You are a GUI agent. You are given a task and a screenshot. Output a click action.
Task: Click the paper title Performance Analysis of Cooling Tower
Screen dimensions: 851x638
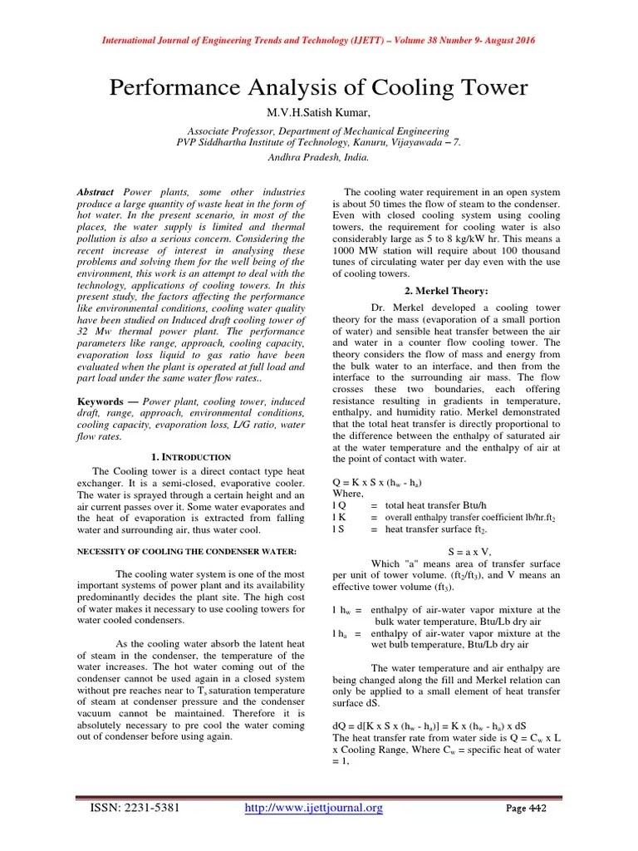(319, 88)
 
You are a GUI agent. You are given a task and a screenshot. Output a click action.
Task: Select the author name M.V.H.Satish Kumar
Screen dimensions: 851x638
(319, 113)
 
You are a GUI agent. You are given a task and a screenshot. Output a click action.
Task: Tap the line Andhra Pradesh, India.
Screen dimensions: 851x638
(319, 155)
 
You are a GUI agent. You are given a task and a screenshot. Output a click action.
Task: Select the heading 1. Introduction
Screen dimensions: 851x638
(192, 456)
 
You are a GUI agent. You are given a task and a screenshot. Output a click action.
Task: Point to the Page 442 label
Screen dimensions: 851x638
(526, 809)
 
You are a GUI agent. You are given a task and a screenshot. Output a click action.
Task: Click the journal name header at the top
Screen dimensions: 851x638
(318, 41)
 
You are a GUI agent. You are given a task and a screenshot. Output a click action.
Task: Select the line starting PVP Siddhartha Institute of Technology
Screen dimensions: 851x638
(318, 142)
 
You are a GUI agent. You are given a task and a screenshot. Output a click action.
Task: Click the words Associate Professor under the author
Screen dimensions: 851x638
(232, 131)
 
